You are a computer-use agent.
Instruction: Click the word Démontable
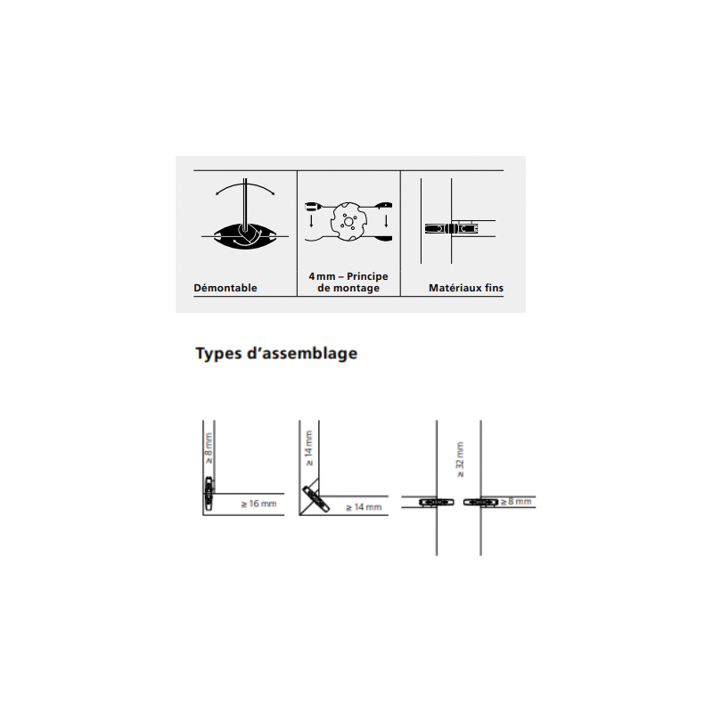point(225,288)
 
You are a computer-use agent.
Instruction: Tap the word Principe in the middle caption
point(367,276)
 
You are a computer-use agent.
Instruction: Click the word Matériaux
point(455,288)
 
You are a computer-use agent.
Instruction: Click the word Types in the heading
point(218,354)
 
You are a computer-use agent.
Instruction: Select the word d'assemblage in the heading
point(302,353)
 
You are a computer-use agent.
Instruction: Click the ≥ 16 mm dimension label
point(258,504)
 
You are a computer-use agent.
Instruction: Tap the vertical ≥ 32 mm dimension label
point(460,459)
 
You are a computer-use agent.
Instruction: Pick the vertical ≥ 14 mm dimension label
point(308,448)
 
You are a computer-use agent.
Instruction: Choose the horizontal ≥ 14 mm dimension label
point(364,507)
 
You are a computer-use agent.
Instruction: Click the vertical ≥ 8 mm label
point(209,448)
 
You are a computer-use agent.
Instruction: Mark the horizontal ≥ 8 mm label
point(516,502)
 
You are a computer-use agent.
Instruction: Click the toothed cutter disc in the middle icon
point(348,222)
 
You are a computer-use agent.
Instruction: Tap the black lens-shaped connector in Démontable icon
point(244,236)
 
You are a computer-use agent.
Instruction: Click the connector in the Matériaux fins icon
point(451,228)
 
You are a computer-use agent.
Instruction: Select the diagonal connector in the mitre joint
point(316,499)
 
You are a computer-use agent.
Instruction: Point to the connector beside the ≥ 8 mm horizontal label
point(481,502)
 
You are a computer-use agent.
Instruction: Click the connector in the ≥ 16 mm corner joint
point(209,493)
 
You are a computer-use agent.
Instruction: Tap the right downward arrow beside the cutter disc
point(386,221)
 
